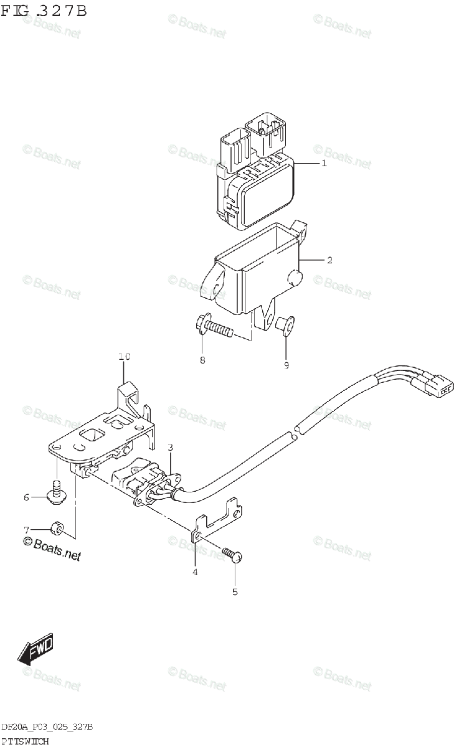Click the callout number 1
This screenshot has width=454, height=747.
pos(324,164)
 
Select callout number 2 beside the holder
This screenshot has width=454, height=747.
pos(329,260)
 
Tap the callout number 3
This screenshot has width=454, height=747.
pos(170,447)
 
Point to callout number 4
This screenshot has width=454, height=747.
pos(195,572)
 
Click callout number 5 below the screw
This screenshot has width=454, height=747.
pos(235,592)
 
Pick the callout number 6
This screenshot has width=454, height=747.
pos(27,497)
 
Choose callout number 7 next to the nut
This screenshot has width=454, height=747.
pos(27,530)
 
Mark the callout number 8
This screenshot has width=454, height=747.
pos(202,360)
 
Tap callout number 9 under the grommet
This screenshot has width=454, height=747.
pos(286,365)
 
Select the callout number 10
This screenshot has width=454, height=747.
pos(124,357)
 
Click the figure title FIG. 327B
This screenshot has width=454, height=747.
pos(44,11)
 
